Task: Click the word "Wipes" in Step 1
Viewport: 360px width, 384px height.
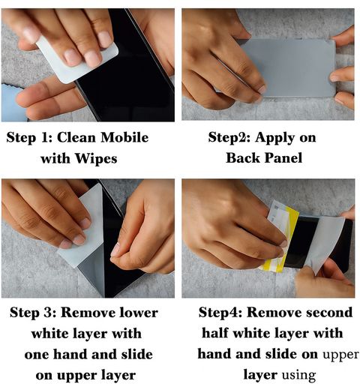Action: (96, 158)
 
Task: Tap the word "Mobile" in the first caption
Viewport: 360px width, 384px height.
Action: (124, 137)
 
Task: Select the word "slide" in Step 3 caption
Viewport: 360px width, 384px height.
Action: (137, 355)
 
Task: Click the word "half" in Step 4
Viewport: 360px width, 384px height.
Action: (214, 333)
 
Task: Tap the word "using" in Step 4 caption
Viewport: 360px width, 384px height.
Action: (298, 376)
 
